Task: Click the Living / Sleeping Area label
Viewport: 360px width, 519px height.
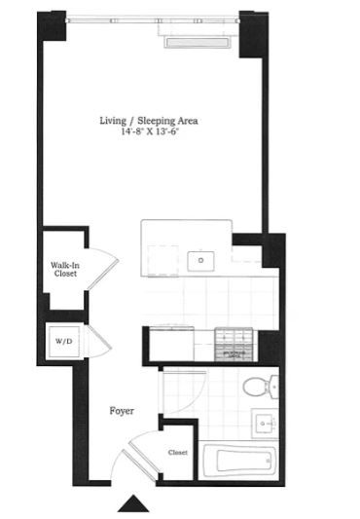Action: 149,121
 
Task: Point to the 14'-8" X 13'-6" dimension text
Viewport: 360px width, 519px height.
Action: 150,131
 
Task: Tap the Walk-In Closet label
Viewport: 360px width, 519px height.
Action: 65,270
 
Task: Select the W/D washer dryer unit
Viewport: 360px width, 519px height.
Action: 64,342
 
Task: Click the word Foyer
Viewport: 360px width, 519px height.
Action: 122,411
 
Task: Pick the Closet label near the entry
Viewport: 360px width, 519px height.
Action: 178,452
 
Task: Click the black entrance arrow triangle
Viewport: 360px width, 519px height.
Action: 133,503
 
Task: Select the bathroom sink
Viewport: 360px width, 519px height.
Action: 265,424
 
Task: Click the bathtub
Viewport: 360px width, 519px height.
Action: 240,460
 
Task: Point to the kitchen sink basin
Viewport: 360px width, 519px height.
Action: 200,261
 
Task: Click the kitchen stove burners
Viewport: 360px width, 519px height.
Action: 234,345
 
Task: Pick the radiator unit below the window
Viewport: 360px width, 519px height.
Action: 197,43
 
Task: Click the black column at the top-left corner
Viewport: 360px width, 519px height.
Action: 52,26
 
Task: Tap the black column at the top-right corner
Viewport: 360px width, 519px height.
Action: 253,34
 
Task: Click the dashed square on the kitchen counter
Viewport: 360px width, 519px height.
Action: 162,261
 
